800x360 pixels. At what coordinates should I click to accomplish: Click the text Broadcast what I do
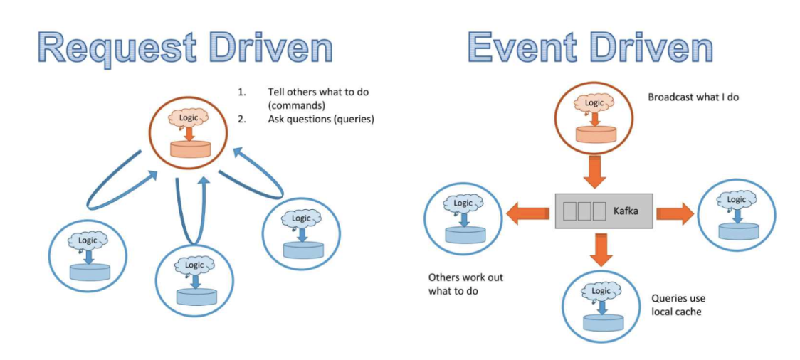pos(693,97)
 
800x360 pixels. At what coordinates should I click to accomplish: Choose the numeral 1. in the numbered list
pos(241,92)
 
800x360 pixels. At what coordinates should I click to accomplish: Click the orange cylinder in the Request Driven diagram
pos(190,149)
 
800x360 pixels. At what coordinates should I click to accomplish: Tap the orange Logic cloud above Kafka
pos(594,102)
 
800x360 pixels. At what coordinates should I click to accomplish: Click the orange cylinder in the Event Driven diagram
pos(596,134)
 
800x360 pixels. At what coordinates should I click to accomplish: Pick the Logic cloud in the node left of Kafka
pos(463,203)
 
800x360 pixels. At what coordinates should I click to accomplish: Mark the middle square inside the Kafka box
pos(584,211)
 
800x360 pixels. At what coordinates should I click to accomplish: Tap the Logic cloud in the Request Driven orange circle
pos(189,116)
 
